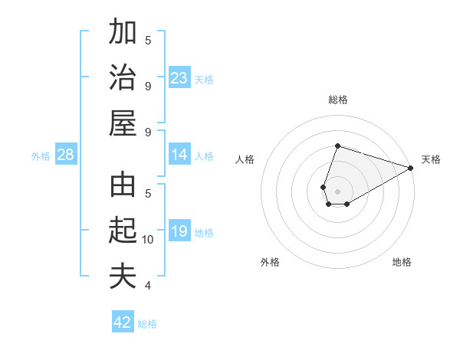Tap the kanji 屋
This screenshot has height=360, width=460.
(x=123, y=122)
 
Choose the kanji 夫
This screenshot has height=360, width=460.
(x=123, y=275)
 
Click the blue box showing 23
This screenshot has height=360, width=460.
(x=179, y=77)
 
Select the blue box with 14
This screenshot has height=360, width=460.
(x=179, y=155)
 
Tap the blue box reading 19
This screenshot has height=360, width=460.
(x=179, y=232)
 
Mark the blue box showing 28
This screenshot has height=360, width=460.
(x=66, y=155)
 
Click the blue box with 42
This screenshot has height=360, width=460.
(x=123, y=322)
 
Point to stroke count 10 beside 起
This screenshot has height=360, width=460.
(x=149, y=240)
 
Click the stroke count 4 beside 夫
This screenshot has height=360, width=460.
(x=148, y=286)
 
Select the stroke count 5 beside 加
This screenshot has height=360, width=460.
(x=148, y=41)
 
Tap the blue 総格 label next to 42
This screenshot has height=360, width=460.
(x=147, y=324)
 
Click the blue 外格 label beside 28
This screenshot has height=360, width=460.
(x=41, y=156)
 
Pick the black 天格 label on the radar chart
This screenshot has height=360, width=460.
(x=431, y=159)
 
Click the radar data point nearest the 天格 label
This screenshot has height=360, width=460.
(x=410, y=168)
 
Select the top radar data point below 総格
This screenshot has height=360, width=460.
(x=337, y=146)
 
